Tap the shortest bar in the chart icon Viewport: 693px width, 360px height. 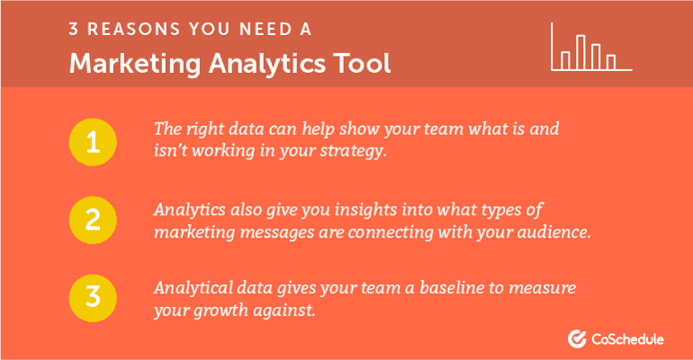point(611,61)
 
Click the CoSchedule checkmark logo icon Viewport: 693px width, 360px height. point(578,339)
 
